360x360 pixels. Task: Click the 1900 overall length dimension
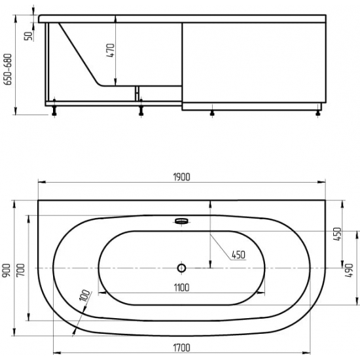click(181, 177)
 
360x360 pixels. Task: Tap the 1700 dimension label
click(181, 348)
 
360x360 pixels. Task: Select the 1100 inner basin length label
click(181, 288)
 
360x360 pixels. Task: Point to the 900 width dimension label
click(7, 270)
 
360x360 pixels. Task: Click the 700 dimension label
click(21, 270)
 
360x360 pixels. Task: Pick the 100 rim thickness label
click(84, 296)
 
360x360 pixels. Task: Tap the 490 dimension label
click(349, 270)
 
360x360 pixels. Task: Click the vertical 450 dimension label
click(338, 234)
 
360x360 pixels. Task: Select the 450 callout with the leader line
click(238, 255)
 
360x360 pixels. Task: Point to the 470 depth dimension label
click(111, 50)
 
